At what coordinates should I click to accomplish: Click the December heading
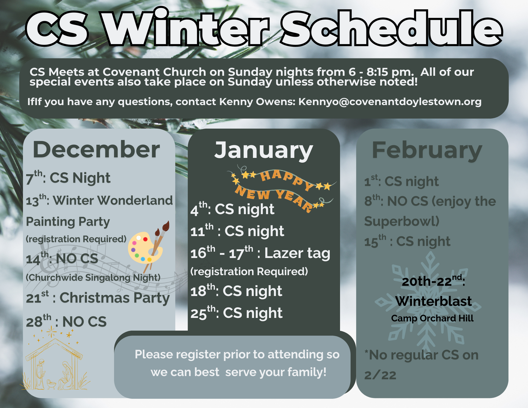tap(96, 150)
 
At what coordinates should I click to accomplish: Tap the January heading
tap(263, 151)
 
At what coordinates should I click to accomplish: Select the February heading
tap(427, 151)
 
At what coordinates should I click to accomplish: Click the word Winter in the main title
tap(186, 28)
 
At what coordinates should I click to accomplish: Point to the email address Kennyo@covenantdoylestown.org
tap(390, 102)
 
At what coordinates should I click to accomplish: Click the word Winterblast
tap(433, 301)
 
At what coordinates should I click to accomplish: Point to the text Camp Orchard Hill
tap(432, 318)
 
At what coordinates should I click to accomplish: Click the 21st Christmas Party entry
tap(98, 298)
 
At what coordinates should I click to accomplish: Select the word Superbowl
tap(402, 221)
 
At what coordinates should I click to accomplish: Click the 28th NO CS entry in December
tap(66, 321)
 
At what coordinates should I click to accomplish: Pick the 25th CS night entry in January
tap(237, 313)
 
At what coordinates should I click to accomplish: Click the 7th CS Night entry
tap(68, 177)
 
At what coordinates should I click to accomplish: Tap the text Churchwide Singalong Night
tap(93, 278)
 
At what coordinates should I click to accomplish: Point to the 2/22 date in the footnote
tap(380, 375)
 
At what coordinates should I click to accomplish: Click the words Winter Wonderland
tap(113, 200)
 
